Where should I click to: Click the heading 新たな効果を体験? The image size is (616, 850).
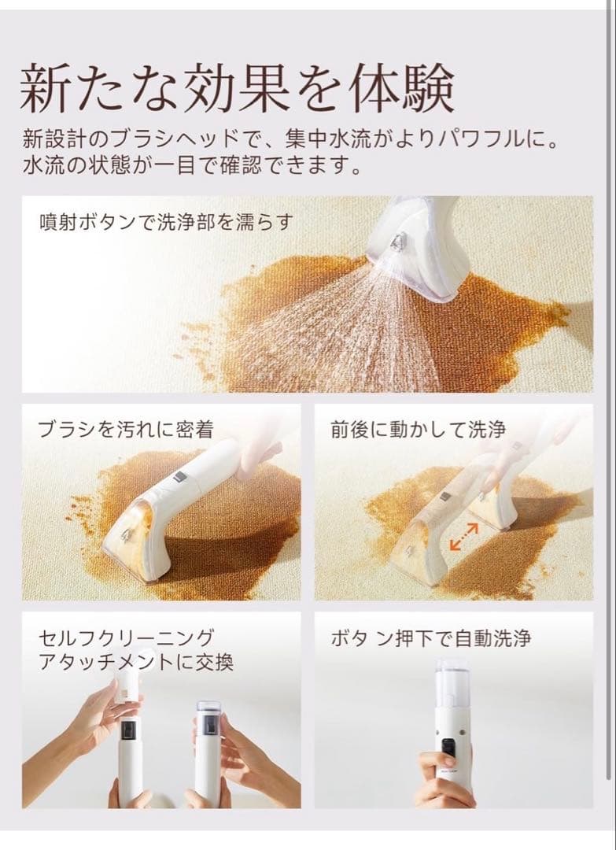tap(237, 88)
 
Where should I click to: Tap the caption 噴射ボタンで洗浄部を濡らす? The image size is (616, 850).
tap(167, 223)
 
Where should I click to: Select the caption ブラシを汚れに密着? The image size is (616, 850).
tap(126, 430)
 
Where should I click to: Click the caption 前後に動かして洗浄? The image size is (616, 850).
tap(419, 430)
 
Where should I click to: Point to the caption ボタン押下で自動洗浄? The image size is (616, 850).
tap(430, 638)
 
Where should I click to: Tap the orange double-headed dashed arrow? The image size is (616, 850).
tap(464, 537)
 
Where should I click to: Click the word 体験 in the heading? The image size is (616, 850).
tap(401, 88)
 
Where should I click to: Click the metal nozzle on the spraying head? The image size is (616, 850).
tap(399, 240)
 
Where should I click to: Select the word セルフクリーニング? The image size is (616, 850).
tap(126, 637)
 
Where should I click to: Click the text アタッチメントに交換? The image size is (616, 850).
tap(136, 662)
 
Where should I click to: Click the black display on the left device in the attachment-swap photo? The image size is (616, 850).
tap(128, 734)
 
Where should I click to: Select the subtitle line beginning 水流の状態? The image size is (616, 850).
tap(192, 165)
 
